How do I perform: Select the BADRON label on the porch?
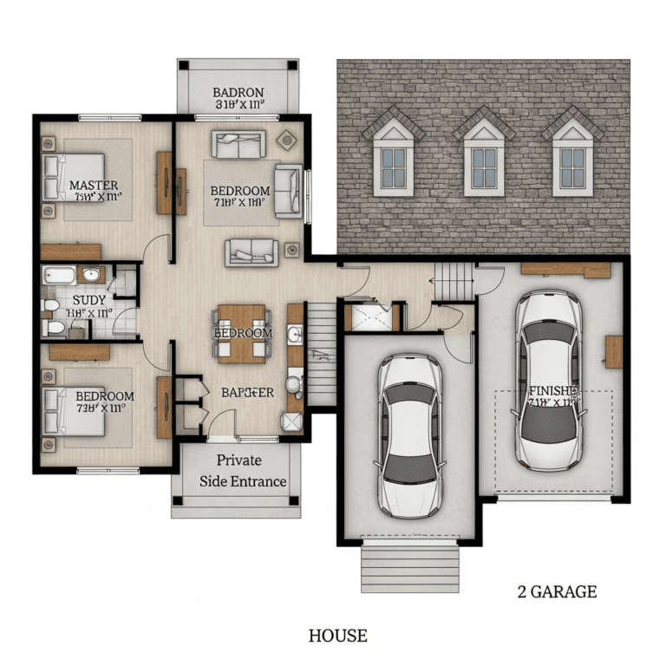238,93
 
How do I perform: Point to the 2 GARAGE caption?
557,592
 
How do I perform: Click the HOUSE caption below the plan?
337,636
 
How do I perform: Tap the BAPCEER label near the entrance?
247,392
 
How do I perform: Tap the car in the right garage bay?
550,380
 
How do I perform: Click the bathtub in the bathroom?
61,277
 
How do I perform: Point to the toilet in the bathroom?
55,327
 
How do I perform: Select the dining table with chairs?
242,333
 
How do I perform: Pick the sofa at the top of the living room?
239,144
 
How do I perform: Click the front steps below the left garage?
408,565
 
